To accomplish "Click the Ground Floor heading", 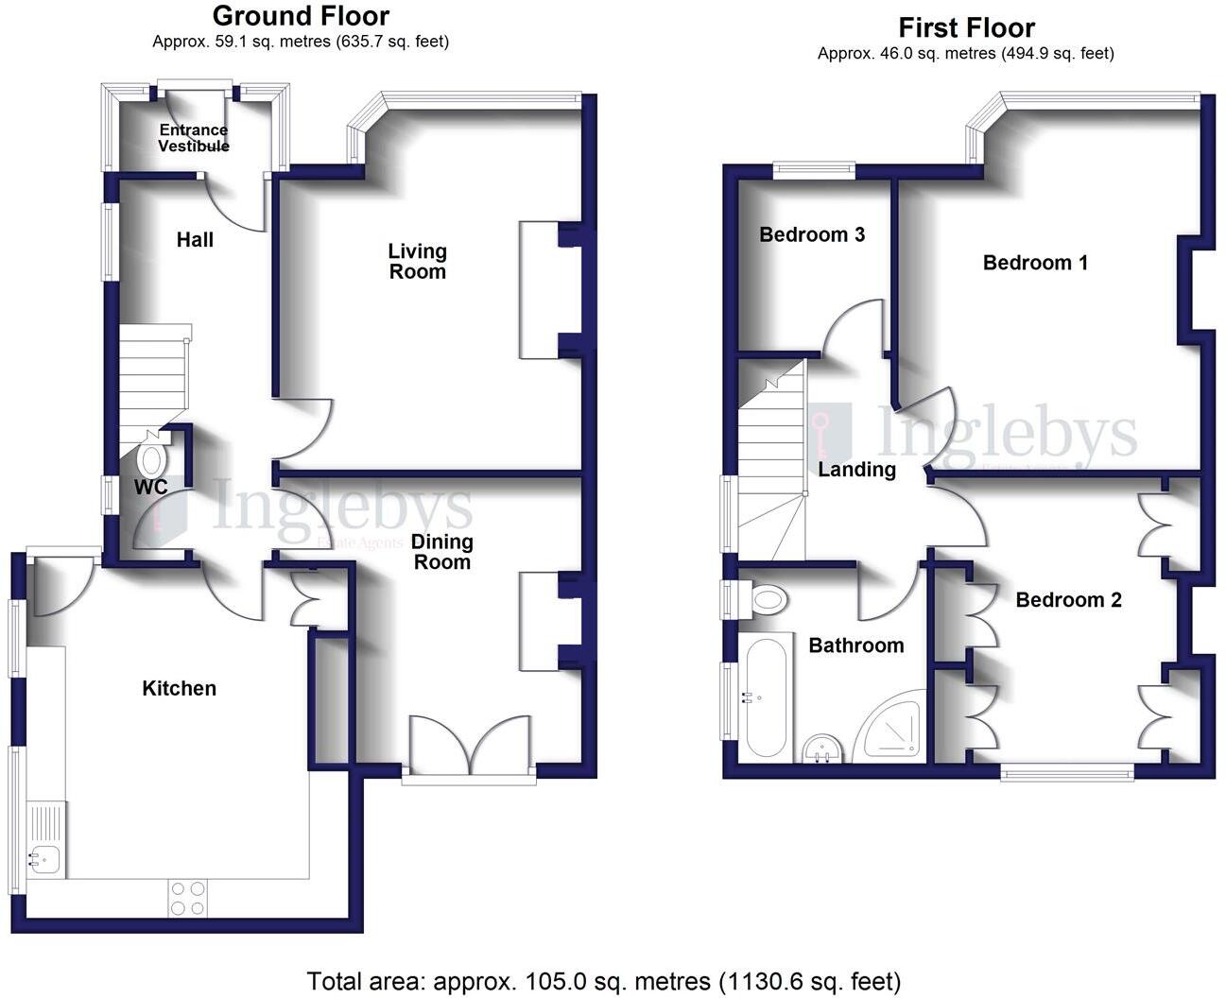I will (301, 16).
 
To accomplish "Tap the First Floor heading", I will (966, 27).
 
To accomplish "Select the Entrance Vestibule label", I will (194, 138).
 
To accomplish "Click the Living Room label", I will (417, 262).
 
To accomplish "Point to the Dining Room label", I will (441, 552).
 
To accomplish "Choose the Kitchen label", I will (180, 689).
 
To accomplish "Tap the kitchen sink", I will (44, 858).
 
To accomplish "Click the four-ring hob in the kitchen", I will (187, 898).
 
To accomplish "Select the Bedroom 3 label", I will (812, 234).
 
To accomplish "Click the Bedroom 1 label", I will (1035, 263).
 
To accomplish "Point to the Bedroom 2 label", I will (1068, 600).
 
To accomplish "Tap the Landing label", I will (856, 470).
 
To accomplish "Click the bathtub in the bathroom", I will (766, 699).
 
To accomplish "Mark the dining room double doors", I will (470, 747).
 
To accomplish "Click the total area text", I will (604, 981).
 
